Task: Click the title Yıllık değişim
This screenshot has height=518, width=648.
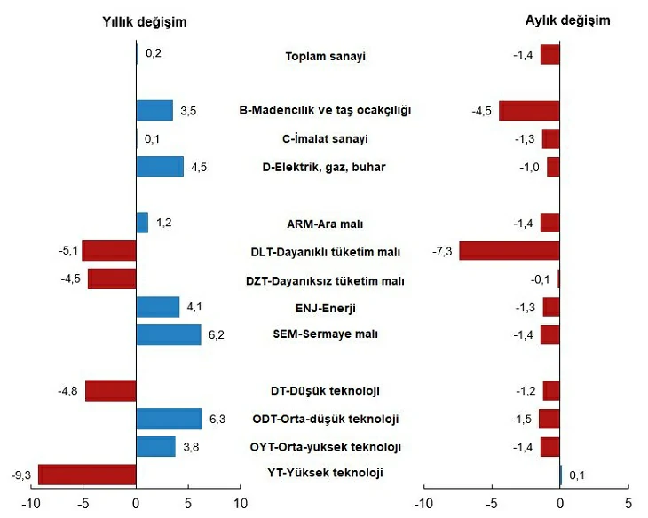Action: point(145,21)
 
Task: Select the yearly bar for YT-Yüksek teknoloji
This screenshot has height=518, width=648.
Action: point(87,475)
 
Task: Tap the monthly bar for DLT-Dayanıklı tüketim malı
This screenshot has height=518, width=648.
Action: point(509,251)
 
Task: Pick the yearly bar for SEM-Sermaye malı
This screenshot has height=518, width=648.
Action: point(169,334)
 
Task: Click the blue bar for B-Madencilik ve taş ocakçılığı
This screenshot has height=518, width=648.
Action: point(154,110)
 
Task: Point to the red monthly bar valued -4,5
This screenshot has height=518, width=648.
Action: point(529,110)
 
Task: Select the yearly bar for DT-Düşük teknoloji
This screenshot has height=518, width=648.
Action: point(111,390)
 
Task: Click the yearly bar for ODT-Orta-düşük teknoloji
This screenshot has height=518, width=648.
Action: point(169,419)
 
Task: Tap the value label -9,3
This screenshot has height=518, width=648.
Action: point(19,475)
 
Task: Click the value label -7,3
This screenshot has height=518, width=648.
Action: point(442,251)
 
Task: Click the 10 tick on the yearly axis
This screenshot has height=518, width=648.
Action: point(240,504)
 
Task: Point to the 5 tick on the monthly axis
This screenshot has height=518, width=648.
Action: point(628,504)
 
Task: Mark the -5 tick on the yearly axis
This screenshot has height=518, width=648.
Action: point(83,504)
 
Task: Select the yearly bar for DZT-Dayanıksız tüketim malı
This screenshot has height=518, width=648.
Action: point(112,279)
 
